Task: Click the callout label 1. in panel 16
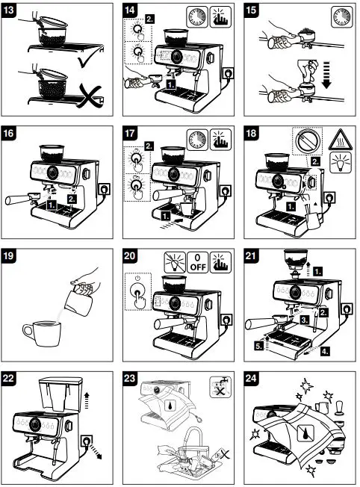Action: coord(52,202)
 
